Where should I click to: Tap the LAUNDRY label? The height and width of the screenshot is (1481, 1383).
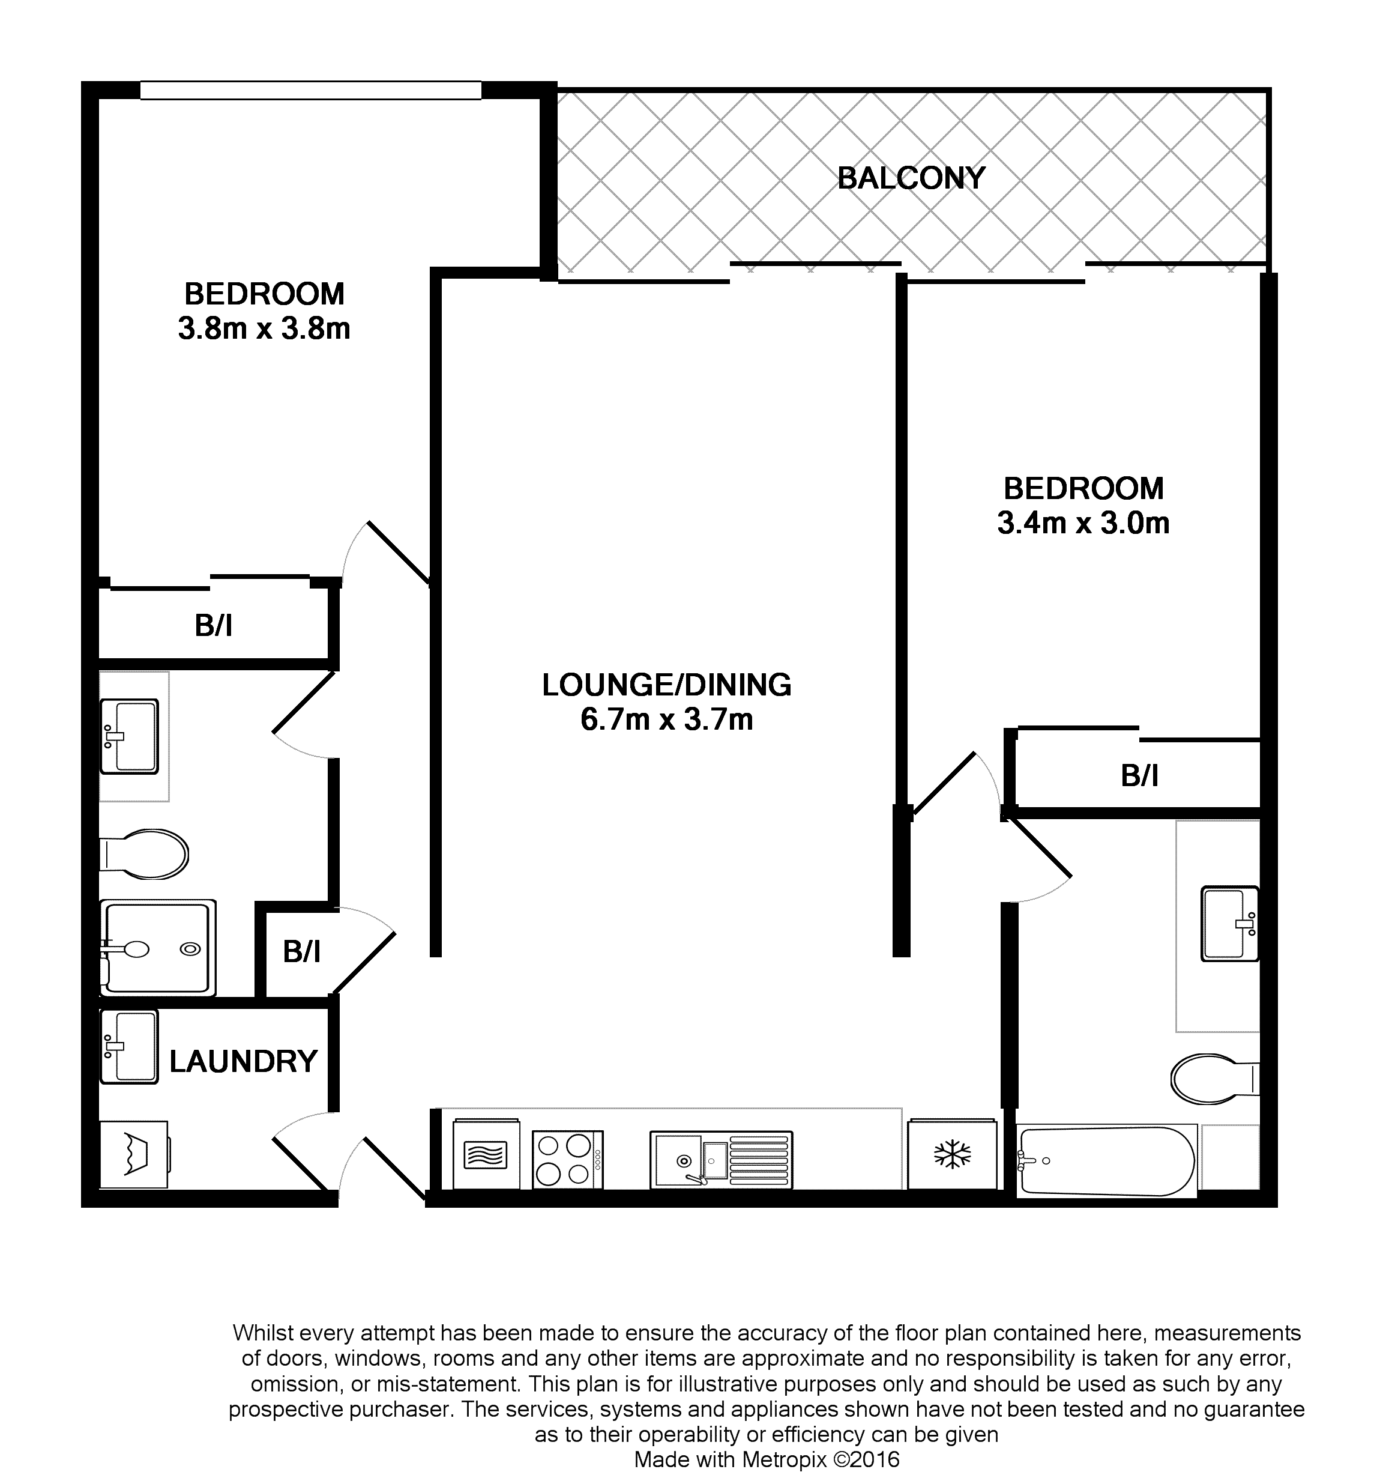tap(244, 1061)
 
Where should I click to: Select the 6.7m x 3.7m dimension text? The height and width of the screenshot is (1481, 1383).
tap(666, 719)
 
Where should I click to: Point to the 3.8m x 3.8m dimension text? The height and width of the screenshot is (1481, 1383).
tap(264, 328)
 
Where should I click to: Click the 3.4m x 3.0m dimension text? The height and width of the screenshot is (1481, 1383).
tap(1083, 523)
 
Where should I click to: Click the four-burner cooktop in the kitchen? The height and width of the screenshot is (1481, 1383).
tap(567, 1159)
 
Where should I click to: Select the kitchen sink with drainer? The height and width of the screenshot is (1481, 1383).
tap(721, 1159)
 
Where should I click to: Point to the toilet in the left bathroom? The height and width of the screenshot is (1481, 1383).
tap(143, 854)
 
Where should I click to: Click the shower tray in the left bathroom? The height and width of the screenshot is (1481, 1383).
tap(158, 948)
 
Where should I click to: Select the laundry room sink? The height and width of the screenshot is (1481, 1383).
tap(129, 1046)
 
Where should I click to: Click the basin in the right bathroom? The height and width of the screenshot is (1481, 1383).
tap(1229, 924)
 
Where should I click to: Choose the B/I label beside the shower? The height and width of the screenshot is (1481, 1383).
tap(301, 951)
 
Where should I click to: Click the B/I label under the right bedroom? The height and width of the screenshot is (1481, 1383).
tap(1139, 777)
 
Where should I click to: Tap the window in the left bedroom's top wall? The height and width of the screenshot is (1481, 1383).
tap(310, 90)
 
